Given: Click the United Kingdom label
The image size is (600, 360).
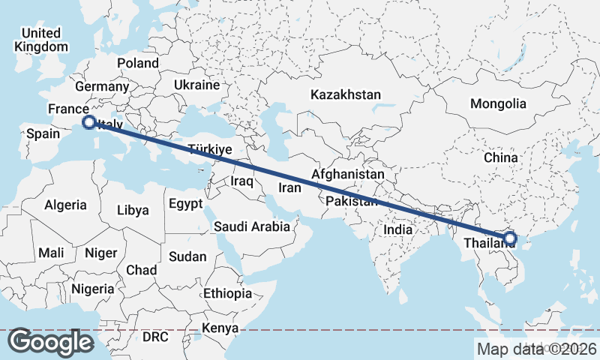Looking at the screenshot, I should point(40,40).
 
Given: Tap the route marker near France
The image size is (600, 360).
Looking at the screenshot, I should point(88,121).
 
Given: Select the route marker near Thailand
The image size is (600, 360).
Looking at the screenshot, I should point(510,239).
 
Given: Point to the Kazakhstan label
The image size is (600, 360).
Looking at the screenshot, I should point(346,95).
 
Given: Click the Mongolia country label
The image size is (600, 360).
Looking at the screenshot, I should point(498,103).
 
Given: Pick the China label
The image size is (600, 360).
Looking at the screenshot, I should point(500,158).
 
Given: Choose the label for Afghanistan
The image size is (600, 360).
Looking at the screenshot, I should point(348,174).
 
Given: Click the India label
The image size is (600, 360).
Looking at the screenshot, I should point(398,230).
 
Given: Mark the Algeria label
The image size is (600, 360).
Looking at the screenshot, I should point(66,205).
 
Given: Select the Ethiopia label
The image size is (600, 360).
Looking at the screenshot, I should point(227,293).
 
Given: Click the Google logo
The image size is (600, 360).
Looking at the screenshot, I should point(50,342).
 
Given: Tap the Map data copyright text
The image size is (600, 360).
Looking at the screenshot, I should point(537,349).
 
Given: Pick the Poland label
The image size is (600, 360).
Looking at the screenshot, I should point(138,64).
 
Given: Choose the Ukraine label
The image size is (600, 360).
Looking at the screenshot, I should point(196,85).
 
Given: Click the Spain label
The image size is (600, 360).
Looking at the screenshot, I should point(43,134).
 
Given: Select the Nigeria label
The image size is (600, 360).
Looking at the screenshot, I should point(93,288).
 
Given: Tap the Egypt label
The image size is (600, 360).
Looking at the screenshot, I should point(185,203).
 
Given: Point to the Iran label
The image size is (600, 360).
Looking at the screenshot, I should point(289,187).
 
